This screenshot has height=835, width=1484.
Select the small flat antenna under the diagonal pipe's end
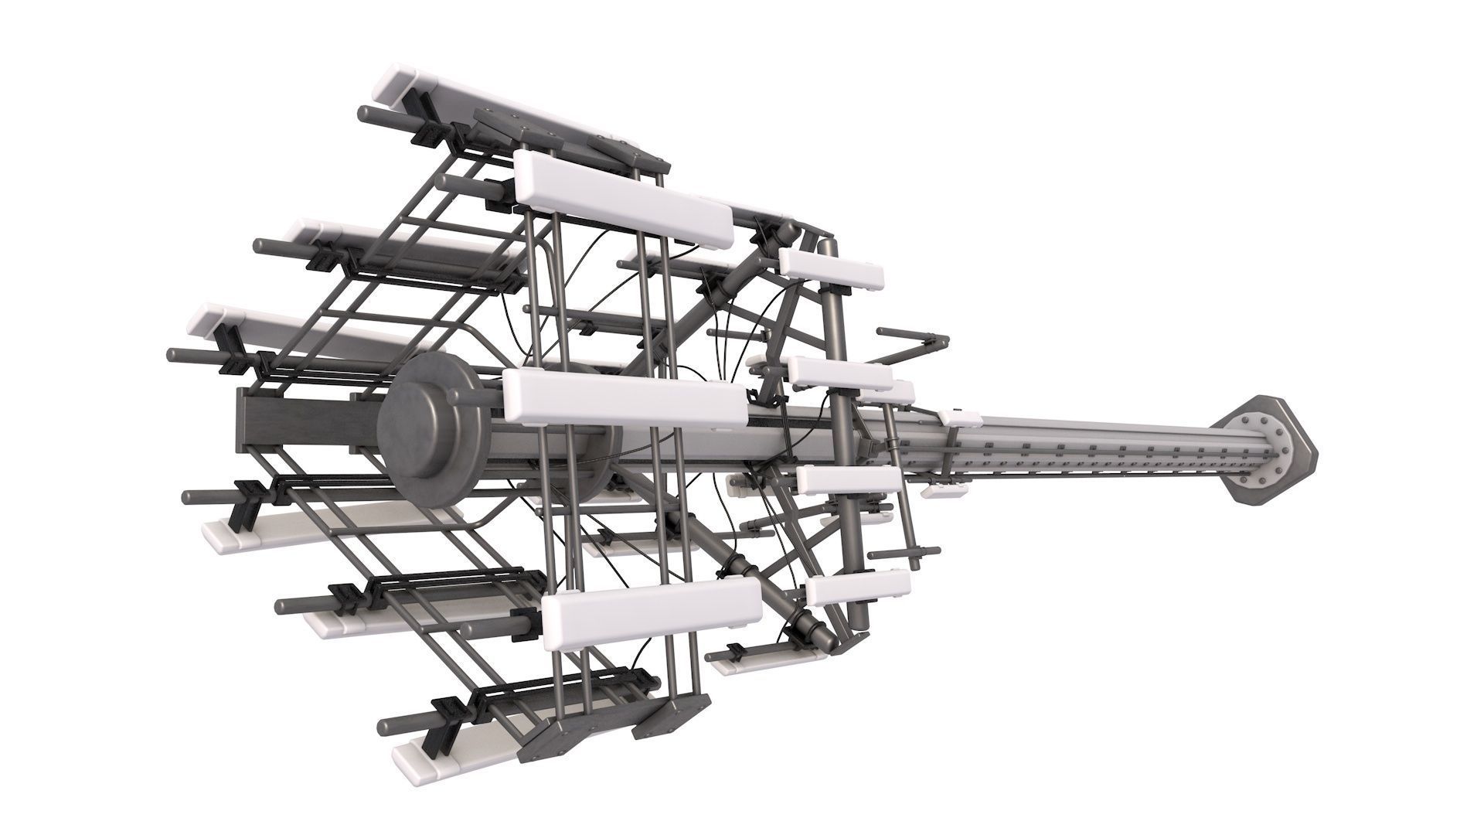click(x=765, y=657)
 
